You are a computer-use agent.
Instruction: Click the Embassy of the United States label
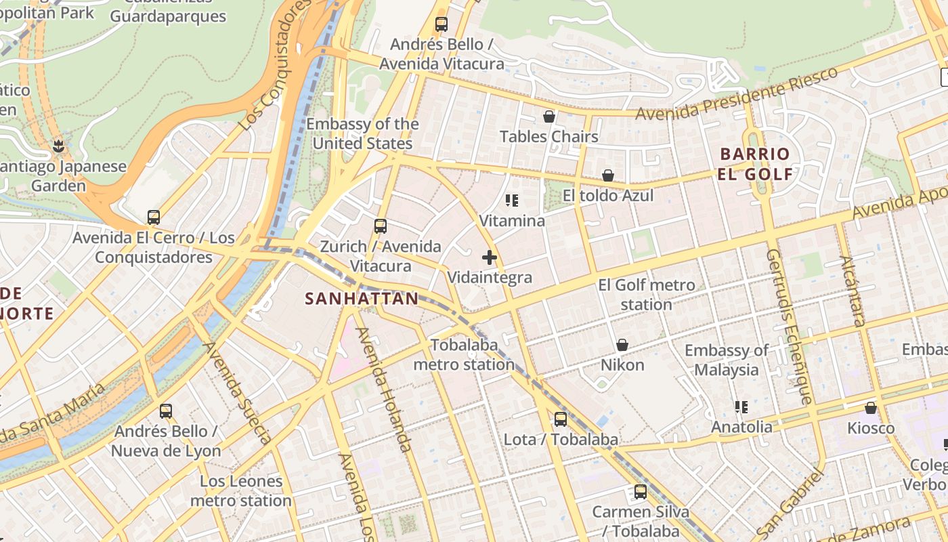pos(362,133)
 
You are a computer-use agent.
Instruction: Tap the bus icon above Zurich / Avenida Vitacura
pos(381,226)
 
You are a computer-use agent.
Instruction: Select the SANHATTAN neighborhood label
pos(362,299)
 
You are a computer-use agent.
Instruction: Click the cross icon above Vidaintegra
pos(490,257)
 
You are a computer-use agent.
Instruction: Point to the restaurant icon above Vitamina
pos(512,201)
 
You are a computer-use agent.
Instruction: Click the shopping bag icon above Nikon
pos(622,345)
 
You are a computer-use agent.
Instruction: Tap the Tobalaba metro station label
pos(464,354)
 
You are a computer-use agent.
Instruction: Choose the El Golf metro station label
pos(647,295)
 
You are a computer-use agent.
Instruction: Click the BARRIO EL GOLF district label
pos(755,164)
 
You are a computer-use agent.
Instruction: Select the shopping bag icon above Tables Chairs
pos(549,117)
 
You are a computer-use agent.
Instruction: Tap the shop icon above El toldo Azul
pos(608,175)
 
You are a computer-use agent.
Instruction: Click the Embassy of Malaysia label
pos(727,360)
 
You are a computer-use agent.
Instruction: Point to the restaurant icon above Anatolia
pos(741,406)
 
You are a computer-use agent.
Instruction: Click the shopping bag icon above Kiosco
pos(871,408)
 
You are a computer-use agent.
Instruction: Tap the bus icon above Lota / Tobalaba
pos(561,419)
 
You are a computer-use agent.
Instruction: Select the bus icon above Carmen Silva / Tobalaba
pos(640,492)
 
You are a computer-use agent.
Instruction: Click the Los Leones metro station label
pos(241,491)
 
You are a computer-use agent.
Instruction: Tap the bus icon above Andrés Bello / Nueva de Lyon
pos(166,411)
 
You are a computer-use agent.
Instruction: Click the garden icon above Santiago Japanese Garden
pos(59,146)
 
